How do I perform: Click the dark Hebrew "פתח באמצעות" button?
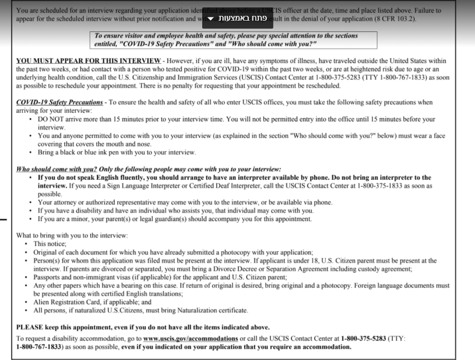click(238, 19)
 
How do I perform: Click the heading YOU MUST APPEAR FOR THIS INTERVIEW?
click(88, 61)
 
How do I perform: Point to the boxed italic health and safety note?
click(234, 40)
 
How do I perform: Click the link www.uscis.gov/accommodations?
click(191, 338)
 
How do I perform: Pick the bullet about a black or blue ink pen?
click(116, 152)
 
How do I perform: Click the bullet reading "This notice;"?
click(50, 244)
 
